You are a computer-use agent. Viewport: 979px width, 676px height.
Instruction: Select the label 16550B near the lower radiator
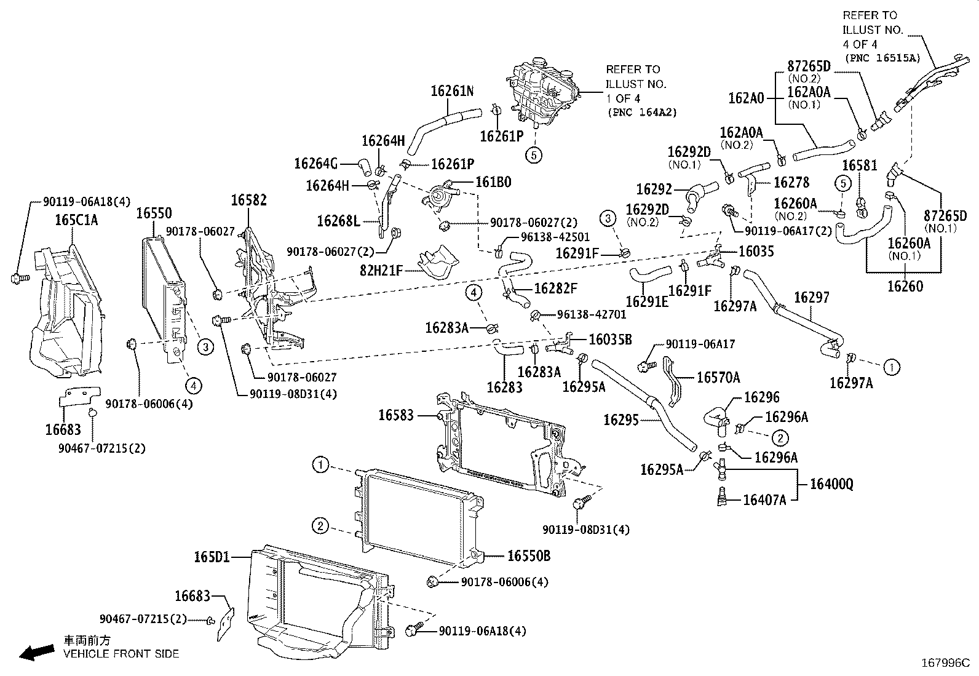pyautogui.click(x=528, y=556)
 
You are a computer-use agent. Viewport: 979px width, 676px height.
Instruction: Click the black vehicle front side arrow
pyautogui.click(x=36, y=652)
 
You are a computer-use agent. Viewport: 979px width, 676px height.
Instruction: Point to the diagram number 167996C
pyautogui.click(x=945, y=663)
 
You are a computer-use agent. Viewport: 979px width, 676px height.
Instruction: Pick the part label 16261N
pyautogui.click(x=452, y=91)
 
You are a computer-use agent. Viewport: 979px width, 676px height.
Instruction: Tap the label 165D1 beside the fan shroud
pyautogui.click(x=212, y=557)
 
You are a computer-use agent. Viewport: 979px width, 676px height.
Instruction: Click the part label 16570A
pyautogui.click(x=718, y=378)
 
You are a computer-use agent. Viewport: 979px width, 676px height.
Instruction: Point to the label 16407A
pyautogui.click(x=764, y=500)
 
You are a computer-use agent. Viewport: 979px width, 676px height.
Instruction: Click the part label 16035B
pyautogui.click(x=611, y=340)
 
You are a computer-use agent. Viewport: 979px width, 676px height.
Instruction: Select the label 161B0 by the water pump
pyautogui.click(x=493, y=182)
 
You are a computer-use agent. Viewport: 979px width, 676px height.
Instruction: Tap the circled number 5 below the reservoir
pyautogui.click(x=534, y=155)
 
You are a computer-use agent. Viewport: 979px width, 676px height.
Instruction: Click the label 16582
pyautogui.click(x=249, y=200)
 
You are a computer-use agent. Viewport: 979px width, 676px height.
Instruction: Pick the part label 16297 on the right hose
pyautogui.click(x=812, y=298)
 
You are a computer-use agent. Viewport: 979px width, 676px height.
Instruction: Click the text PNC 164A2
pyautogui.click(x=642, y=113)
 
